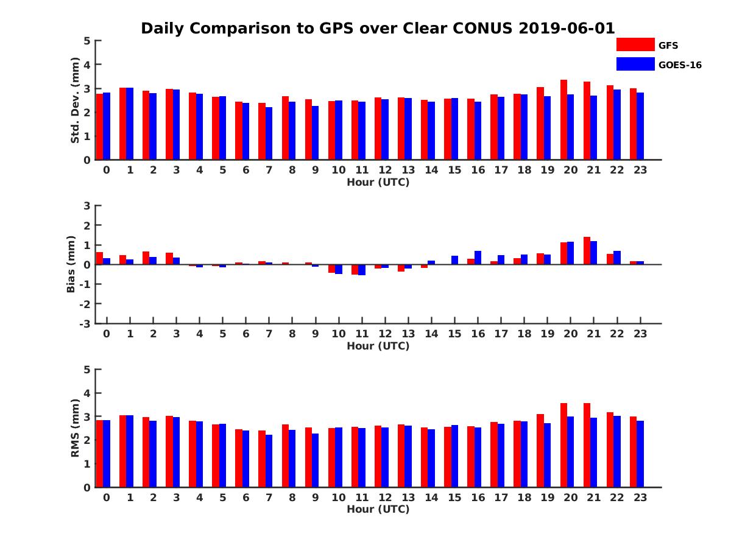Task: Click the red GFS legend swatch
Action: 635,44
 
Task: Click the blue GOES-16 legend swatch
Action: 635,64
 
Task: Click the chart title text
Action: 378,29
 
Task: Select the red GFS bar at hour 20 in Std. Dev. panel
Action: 564,120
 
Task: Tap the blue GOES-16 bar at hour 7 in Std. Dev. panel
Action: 269,133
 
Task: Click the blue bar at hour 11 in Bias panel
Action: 362,270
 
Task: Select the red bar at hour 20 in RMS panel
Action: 564,445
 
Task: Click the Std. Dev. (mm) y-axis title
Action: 76,100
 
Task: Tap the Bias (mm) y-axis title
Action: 71,264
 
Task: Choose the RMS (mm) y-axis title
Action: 76,428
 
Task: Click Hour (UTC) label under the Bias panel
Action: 378,346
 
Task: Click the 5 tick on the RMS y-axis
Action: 87,370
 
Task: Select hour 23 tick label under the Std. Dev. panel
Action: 640,170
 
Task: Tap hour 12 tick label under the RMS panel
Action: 384,497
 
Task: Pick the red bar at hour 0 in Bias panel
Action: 100,258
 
